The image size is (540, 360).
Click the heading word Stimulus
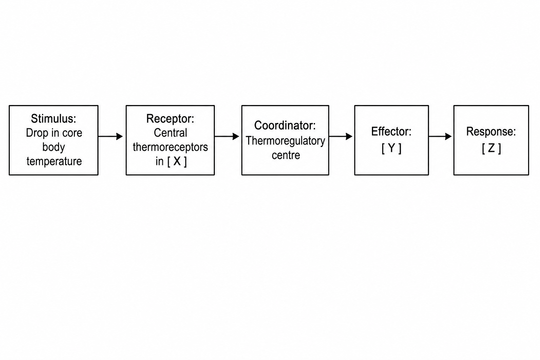pos(52,118)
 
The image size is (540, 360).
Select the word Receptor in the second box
pos(168,119)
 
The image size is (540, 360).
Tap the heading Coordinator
pos(283,126)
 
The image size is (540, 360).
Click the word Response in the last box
pos(489,131)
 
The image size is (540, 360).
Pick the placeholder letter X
pos(177,161)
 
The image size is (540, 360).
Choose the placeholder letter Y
pos(392,148)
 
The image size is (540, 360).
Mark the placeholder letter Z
pos(491,148)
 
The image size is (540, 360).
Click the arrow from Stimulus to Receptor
pos(110,136)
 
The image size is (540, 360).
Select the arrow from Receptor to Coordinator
pos(227,136)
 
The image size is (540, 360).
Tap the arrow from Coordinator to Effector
pos(341,136)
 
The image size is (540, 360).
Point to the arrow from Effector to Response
pos(440,136)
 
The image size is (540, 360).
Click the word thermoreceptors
pos(171,147)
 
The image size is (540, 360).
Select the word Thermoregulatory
pos(285,141)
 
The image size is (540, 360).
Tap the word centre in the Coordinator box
pos(286,155)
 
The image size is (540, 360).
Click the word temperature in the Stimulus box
pos(54,161)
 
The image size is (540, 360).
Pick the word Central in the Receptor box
pos(171,133)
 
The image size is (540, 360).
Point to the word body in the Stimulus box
pos(54,147)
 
